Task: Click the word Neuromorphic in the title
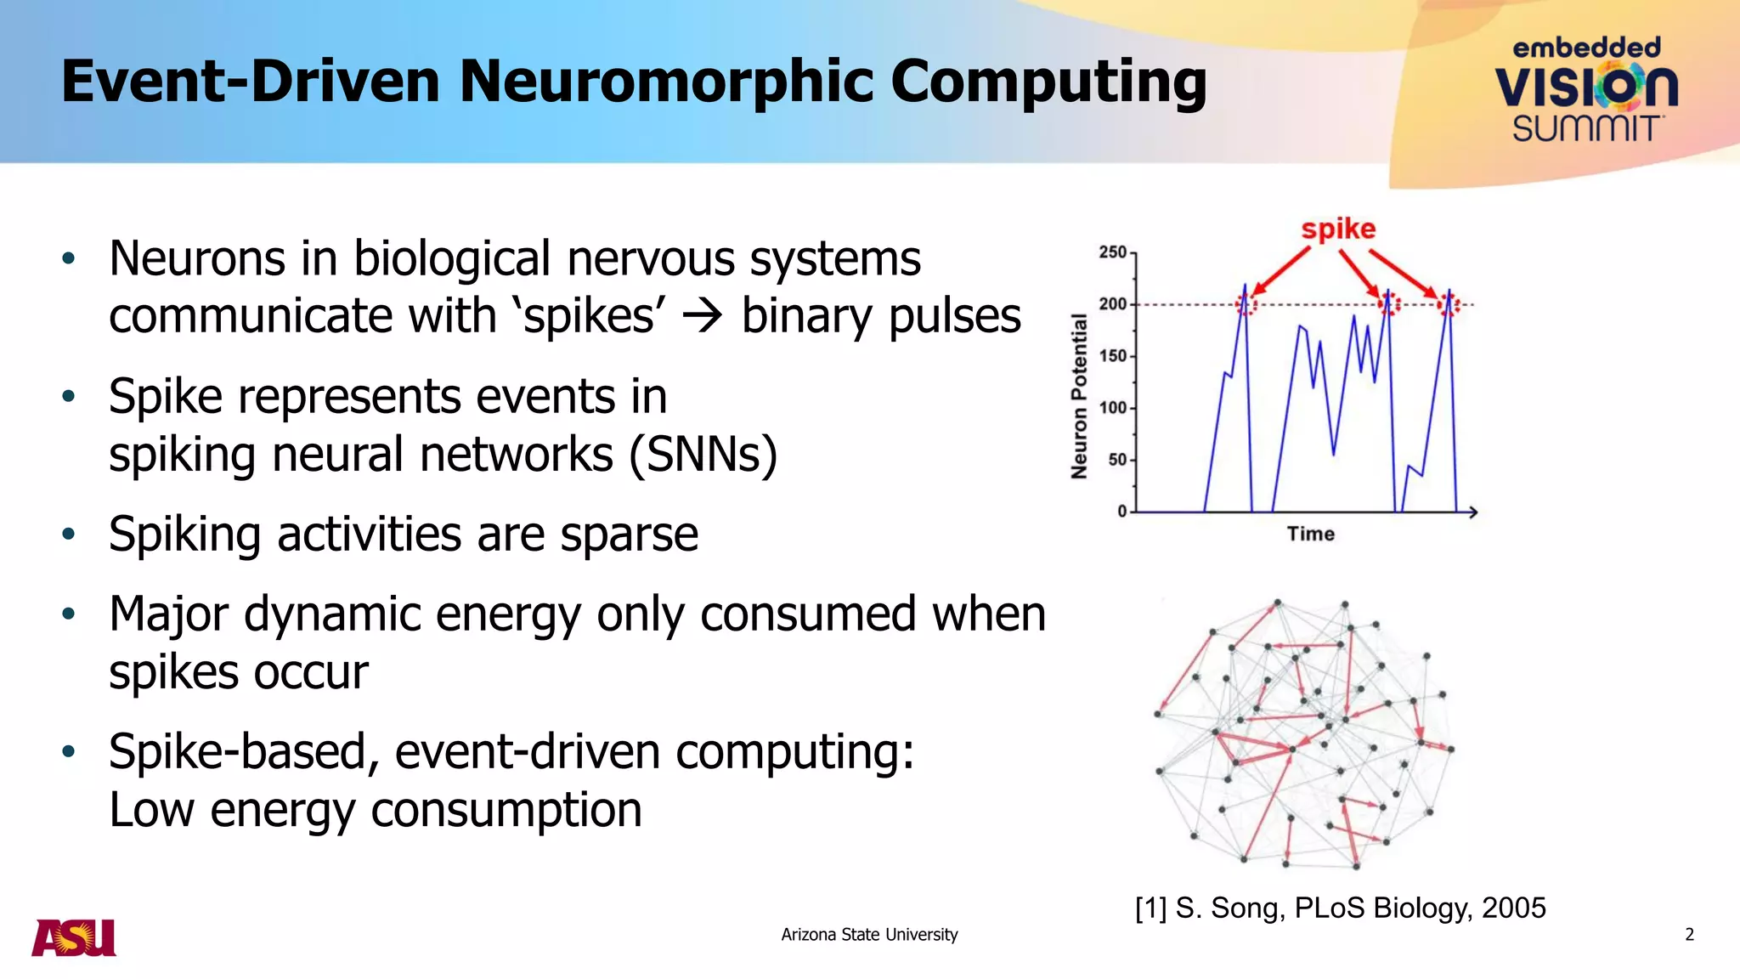tap(668, 82)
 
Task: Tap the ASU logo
tap(74, 938)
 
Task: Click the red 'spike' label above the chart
tap(1338, 229)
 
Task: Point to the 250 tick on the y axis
tap(1112, 252)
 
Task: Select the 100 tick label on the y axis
tap(1112, 408)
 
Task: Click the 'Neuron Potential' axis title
tap(1079, 396)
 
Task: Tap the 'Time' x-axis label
tap(1310, 534)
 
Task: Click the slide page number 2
tap(1689, 935)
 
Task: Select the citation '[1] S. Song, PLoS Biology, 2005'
tap(1340, 908)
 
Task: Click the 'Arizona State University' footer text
tap(869, 935)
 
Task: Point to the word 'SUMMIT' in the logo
tap(1585, 129)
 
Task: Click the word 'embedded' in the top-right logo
tap(1586, 48)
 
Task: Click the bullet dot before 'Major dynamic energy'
tap(69, 614)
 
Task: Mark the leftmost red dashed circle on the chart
tap(1246, 304)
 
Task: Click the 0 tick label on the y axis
tap(1121, 512)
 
